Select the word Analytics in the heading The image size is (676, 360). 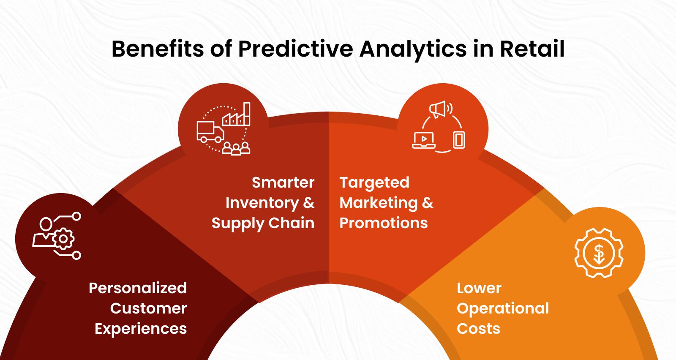pyautogui.click(x=413, y=49)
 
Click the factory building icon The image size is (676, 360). pyautogui.click(x=237, y=115)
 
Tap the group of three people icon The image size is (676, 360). pyautogui.click(x=236, y=148)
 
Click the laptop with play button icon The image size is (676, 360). pyautogui.click(x=424, y=140)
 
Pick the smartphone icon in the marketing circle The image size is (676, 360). pyautogui.click(x=459, y=140)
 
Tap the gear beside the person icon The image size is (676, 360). pyautogui.click(x=63, y=239)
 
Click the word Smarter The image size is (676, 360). pyautogui.click(x=283, y=183)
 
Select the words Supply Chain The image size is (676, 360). pyautogui.click(x=263, y=223)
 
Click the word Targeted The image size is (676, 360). pyautogui.click(x=374, y=183)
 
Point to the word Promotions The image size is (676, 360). pyautogui.click(x=384, y=223)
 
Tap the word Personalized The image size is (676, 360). pyautogui.click(x=138, y=288)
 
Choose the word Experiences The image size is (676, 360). pyautogui.click(x=141, y=329)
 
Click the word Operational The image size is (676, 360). pyautogui.click(x=503, y=308)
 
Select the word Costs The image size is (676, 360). pyautogui.click(x=478, y=329)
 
